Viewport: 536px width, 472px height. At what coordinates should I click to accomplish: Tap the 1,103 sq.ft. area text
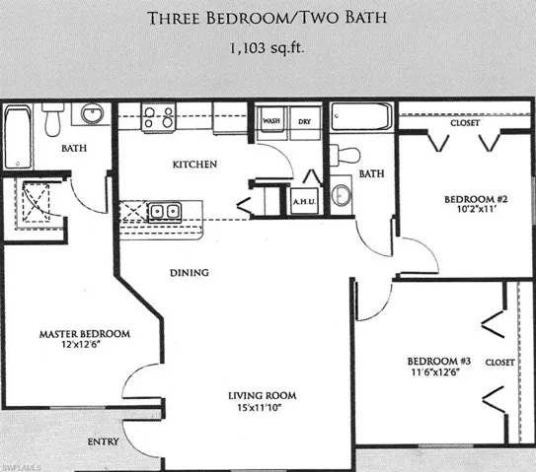[268, 46]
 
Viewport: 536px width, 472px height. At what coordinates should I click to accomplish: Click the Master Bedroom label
[84, 334]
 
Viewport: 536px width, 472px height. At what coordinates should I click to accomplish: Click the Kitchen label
[195, 164]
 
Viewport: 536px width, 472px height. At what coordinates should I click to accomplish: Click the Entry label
[105, 440]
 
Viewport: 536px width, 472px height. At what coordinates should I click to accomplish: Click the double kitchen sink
[165, 211]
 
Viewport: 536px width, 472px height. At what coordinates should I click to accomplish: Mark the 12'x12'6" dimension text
[84, 346]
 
